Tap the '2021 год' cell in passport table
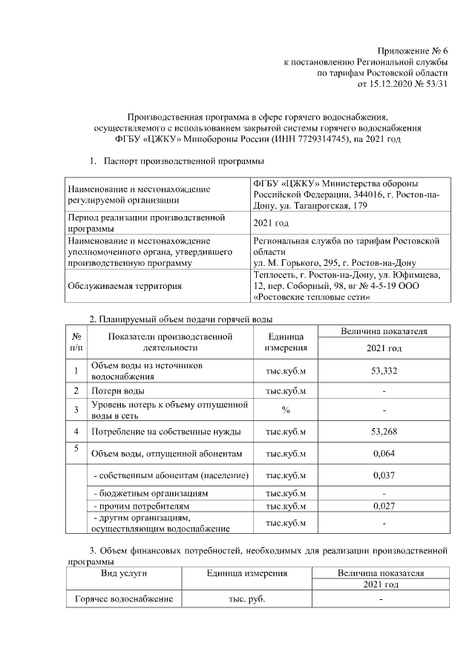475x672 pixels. pyautogui.click(x=271, y=223)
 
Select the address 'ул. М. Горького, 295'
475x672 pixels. pyautogui.click(x=290, y=263)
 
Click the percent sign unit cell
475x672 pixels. pyautogui.click(x=286, y=409)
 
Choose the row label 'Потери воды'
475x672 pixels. pyautogui.click(x=118, y=391)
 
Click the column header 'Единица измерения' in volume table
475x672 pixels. pyautogui.click(x=286, y=342)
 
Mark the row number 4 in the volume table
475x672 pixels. pyautogui.click(x=76, y=431)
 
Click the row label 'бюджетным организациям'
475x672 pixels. pyautogui.click(x=149, y=493)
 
